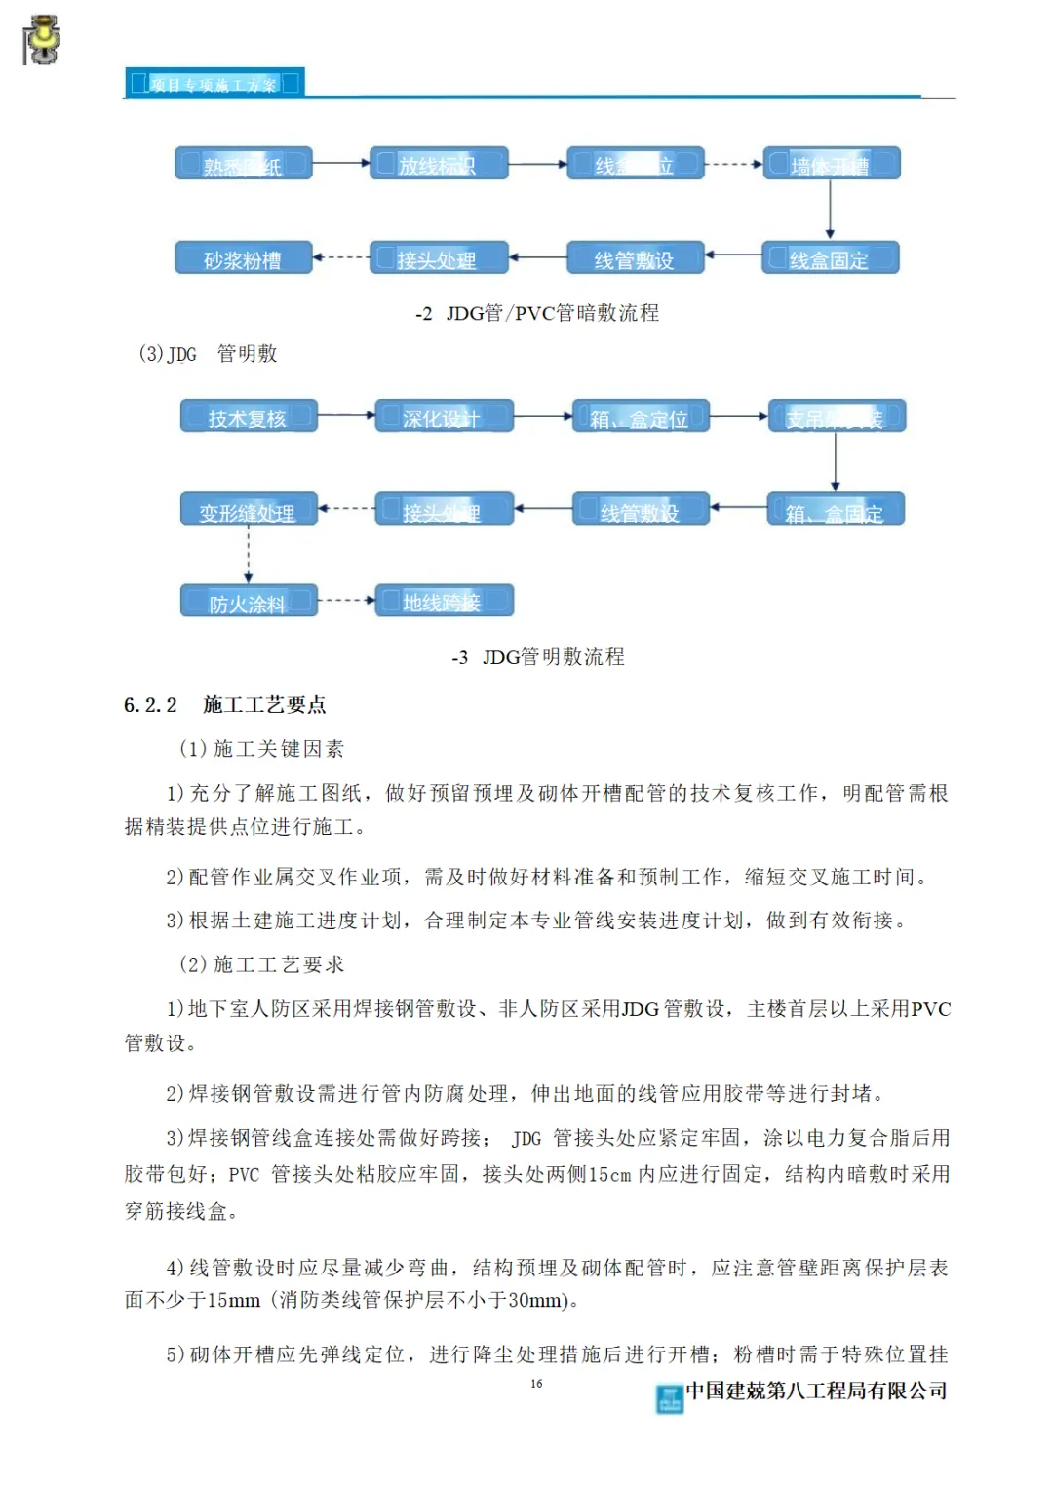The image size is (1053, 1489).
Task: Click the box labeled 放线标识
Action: pos(439,164)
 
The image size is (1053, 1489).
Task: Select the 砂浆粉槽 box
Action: pos(244,259)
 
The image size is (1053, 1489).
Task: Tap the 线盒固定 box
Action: pos(830,259)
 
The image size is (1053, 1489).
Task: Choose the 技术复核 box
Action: pos(249,417)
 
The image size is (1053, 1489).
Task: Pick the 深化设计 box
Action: pos(444,417)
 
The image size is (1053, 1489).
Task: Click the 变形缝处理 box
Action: pos(249,511)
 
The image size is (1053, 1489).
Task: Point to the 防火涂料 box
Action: pos(249,603)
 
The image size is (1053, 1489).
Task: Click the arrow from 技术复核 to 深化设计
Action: pos(346,416)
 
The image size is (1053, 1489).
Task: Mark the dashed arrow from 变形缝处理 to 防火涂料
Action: pos(249,555)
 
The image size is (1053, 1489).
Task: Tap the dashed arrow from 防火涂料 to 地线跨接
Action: pos(346,601)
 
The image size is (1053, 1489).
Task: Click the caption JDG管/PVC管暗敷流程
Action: pos(552,313)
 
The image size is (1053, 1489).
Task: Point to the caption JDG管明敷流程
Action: pos(553,657)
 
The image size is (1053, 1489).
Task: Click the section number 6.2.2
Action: pos(150,705)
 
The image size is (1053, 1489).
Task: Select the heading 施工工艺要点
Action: pos(264,705)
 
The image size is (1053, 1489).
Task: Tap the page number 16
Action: pos(536,1384)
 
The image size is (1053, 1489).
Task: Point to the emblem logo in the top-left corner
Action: pos(41,41)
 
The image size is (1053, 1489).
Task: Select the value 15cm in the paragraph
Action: pos(608,1175)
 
